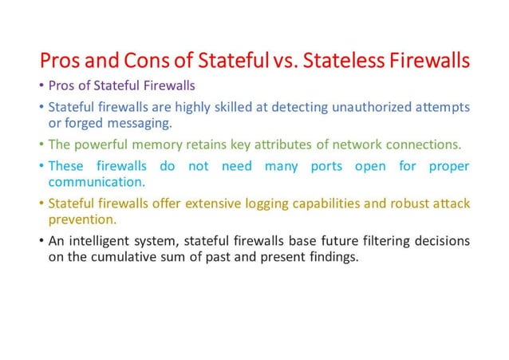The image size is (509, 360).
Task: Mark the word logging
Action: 274,204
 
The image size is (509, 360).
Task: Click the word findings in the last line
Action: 336,258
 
